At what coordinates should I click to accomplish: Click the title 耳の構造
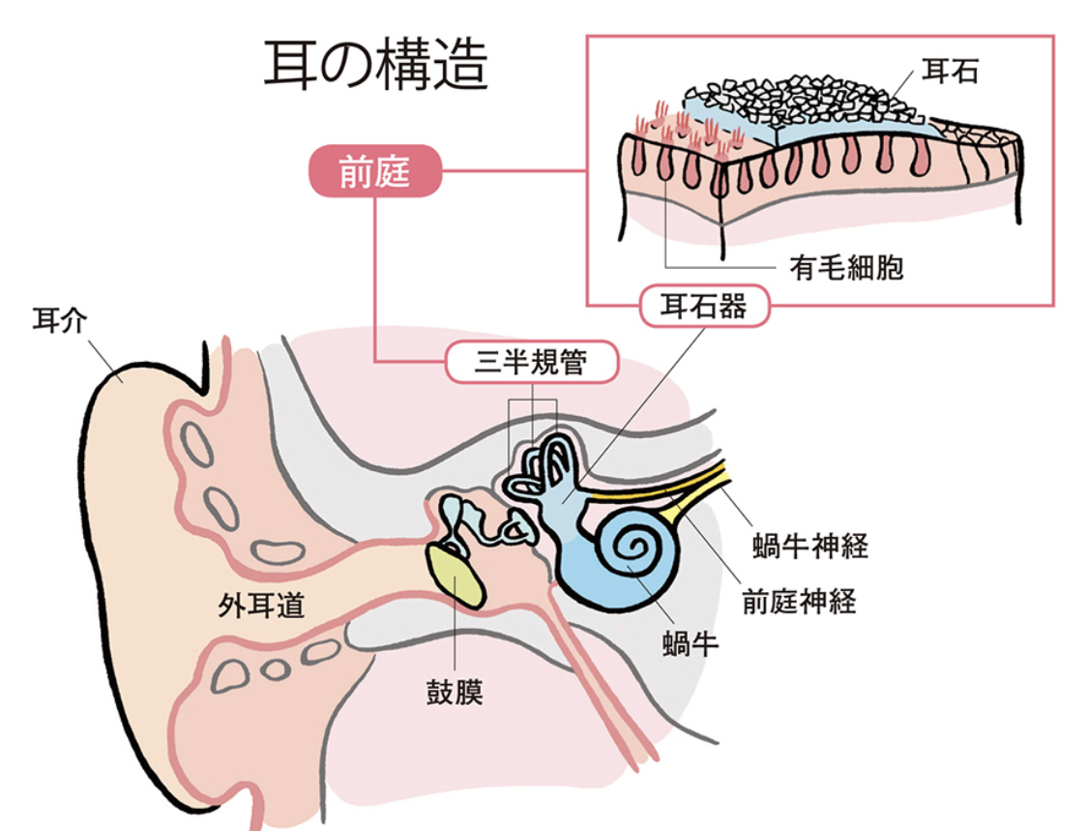pos(376,66)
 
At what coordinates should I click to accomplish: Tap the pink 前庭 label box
pos(374,174)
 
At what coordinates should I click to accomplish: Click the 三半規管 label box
pos(531,363)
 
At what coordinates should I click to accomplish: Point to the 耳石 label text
pos(950,71)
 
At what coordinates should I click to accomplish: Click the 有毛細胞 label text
pos(846,268)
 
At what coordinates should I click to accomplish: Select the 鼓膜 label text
pos(455,693)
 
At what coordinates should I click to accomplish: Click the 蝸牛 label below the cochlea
pos(691,643)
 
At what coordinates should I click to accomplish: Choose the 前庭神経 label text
pos(799,602)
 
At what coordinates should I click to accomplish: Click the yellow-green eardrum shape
pos(458,576)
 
